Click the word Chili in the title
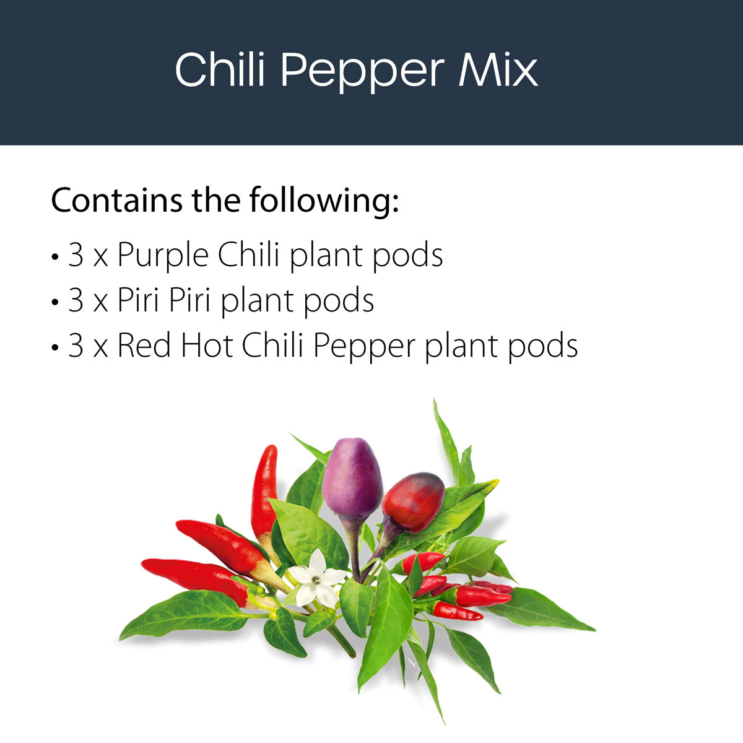click(x=220, y=69)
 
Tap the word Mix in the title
click(x=498, y=69)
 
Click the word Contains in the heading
click(x=116, y=200)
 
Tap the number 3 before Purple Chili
click(x=76, y=255)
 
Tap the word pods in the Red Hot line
click(x=542, y=345)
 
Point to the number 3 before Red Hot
click(x=76, y=345)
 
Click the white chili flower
click(x=316, y=578)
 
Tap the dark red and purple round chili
click(x=412, y=502)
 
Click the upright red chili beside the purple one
click(x=264, y=489)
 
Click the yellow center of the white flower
click(x=316, y=580)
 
